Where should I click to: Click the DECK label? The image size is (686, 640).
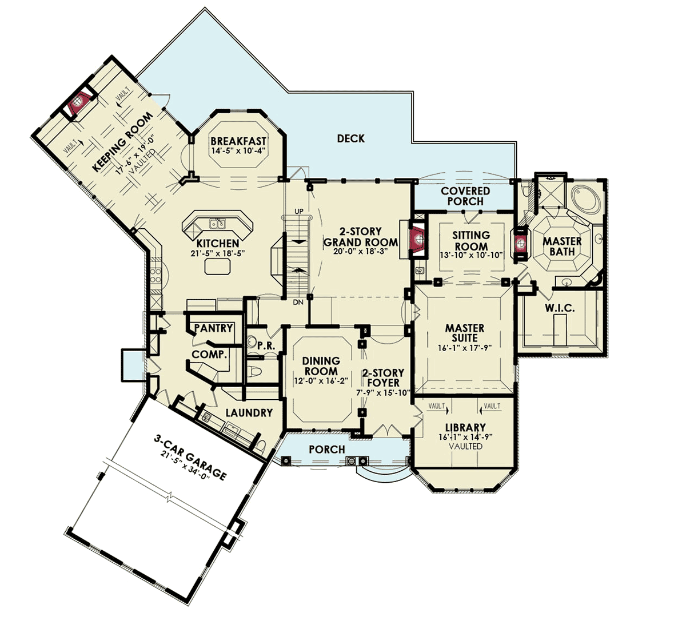(x=350, y=138)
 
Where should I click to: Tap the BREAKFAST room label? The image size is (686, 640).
(x=238, y=141)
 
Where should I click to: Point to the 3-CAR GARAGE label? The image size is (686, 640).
(x=190, y=458)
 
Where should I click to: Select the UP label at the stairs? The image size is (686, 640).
(x=299, y=211)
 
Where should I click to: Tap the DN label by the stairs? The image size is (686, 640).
(x=298, y=302)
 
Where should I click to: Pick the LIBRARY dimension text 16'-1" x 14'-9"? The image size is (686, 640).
(x=465, y=438)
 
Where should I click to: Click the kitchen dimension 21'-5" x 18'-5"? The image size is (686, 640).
(x=218, y=253)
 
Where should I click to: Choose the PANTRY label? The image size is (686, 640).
(x=213, y=328)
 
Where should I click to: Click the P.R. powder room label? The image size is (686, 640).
(x=266, y=345)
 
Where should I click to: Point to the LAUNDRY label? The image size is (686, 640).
(x=249, y=413)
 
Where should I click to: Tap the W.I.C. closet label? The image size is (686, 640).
(x=560, y=308)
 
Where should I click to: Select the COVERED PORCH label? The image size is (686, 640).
(x=465, y=196)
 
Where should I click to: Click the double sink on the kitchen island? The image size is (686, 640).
(x=217, y=224)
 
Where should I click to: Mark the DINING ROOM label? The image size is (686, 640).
(x=321, y=366)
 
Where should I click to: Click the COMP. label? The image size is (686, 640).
(x=210, y=355)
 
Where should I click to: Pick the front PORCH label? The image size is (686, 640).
(x=327, y=450)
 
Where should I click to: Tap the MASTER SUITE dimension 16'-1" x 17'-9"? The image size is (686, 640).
(x=465, y=348)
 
